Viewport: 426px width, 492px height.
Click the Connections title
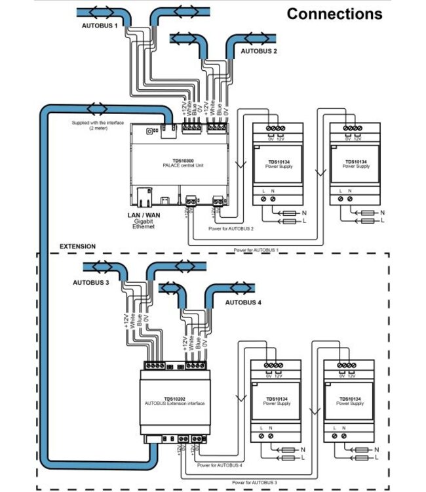(334, 13)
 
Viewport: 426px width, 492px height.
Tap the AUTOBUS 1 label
(100, 26)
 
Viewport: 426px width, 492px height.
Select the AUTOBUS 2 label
(260, 50)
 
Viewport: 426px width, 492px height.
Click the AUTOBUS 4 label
(243, 303)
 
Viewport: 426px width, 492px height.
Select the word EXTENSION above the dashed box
(77, 247)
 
